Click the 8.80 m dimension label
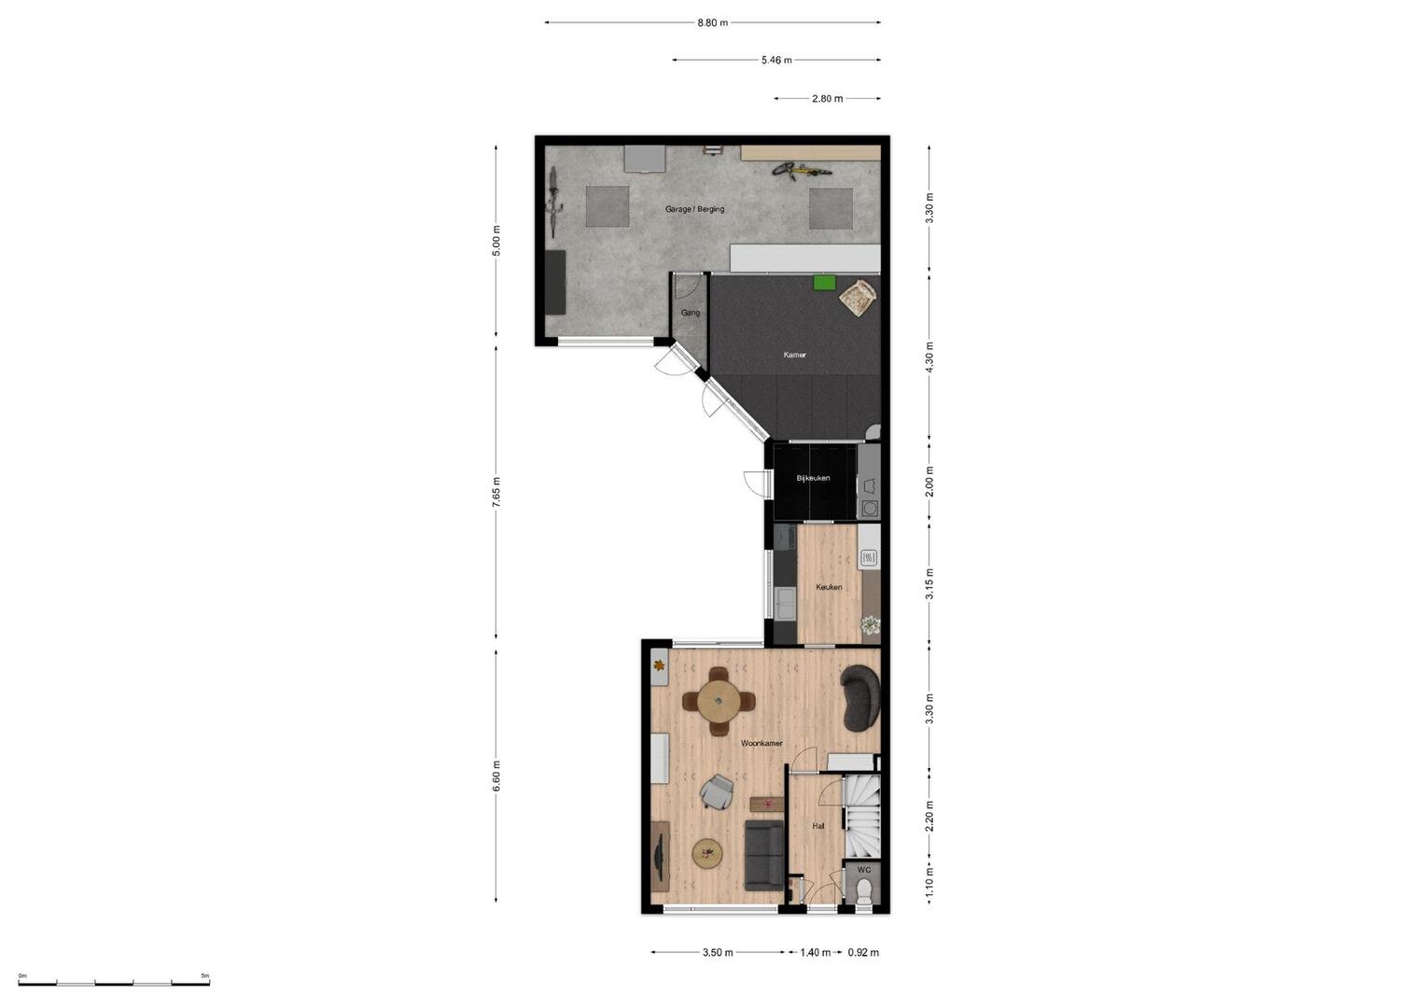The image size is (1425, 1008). (x=713, y=23)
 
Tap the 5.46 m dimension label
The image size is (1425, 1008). (x=776, y=61)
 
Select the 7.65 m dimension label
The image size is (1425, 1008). (x=496, y=492)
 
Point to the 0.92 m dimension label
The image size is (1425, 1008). (x=863, y=953)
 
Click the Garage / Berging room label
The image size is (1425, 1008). (x=694, y=209)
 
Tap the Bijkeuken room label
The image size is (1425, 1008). (x=813, y=478)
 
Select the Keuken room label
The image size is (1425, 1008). (x=829, y=587)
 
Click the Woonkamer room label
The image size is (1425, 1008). (x=761, y=743)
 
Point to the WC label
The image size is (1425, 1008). (x=864, y=869)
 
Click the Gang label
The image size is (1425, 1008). (x=691, y=313)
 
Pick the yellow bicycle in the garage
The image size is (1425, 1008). (x=802, y=171)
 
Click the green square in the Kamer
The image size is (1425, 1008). (x=824, y=282)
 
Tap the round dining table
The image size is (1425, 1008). (x=719, y=701)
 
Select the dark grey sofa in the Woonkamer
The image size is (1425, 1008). (x=764, y=855)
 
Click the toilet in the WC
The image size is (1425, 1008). (x=864, y=891)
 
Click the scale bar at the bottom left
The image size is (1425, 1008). (x=114, y=983)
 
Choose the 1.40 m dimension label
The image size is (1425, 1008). (x=816, y=953)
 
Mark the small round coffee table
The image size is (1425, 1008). (x=707, y=853)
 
